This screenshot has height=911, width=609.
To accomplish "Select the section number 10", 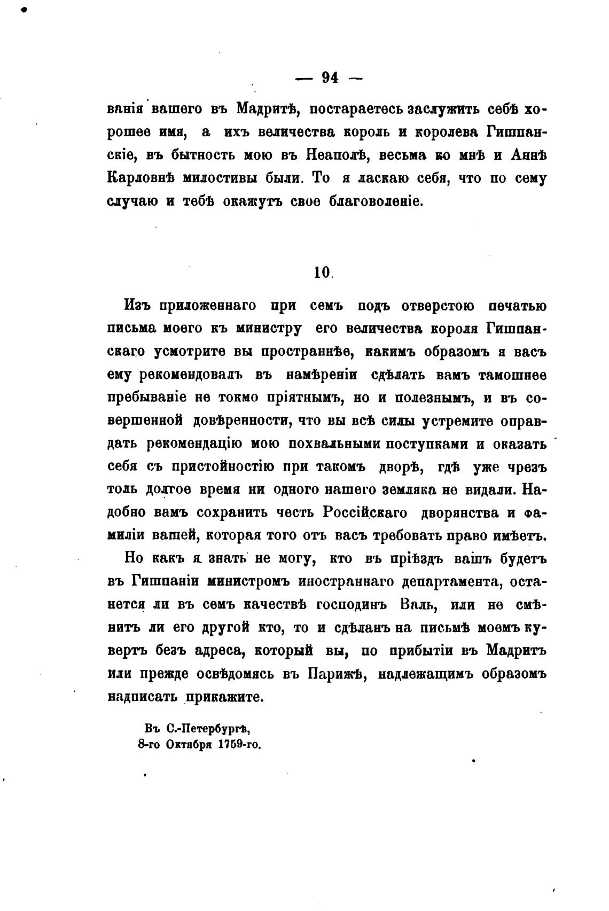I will click(x=322, y=272).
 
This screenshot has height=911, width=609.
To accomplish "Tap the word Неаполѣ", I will click(x=336, y=155).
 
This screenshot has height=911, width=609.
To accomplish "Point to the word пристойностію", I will click(x=224, y=466).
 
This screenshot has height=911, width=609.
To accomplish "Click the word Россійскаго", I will click(x=365, y=513).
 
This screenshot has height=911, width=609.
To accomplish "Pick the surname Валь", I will click(x=419, y=605).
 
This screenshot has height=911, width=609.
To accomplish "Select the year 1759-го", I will click(x=238, y=744).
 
